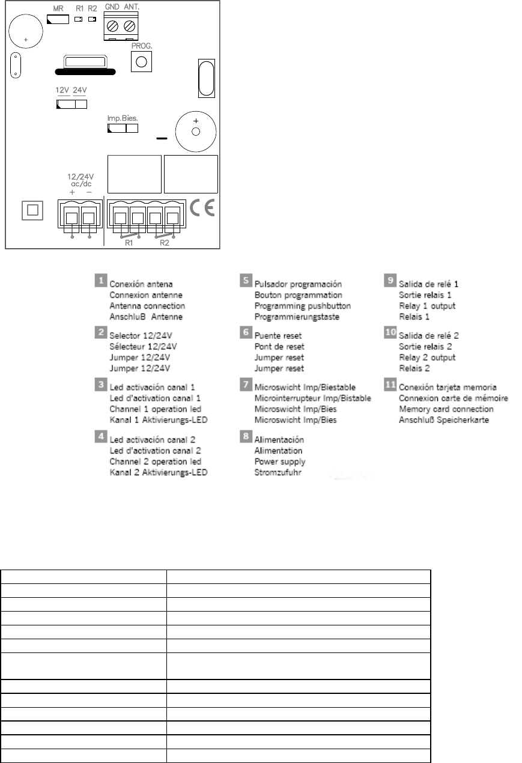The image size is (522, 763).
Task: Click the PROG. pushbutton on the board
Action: [x=141, y=61]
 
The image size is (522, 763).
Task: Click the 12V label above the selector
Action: [x=62, y=91]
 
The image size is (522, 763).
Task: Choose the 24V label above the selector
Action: [x=79, y=91]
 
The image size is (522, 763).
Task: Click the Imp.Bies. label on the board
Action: [x=123, y=119]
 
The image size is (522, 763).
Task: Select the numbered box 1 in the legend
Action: [x=102, y=280]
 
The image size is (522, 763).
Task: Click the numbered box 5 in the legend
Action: [x=246, y=280]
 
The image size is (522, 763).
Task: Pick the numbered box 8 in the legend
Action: [x=246, y=436]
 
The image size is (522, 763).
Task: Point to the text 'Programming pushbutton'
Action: [x=303, y=306]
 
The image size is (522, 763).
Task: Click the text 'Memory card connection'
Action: [x=446, y=409]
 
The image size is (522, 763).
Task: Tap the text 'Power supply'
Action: [x=280, y=461]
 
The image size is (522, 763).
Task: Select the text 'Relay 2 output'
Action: [x=427, y=357]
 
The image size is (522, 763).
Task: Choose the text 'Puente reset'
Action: [x=278, y=336]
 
